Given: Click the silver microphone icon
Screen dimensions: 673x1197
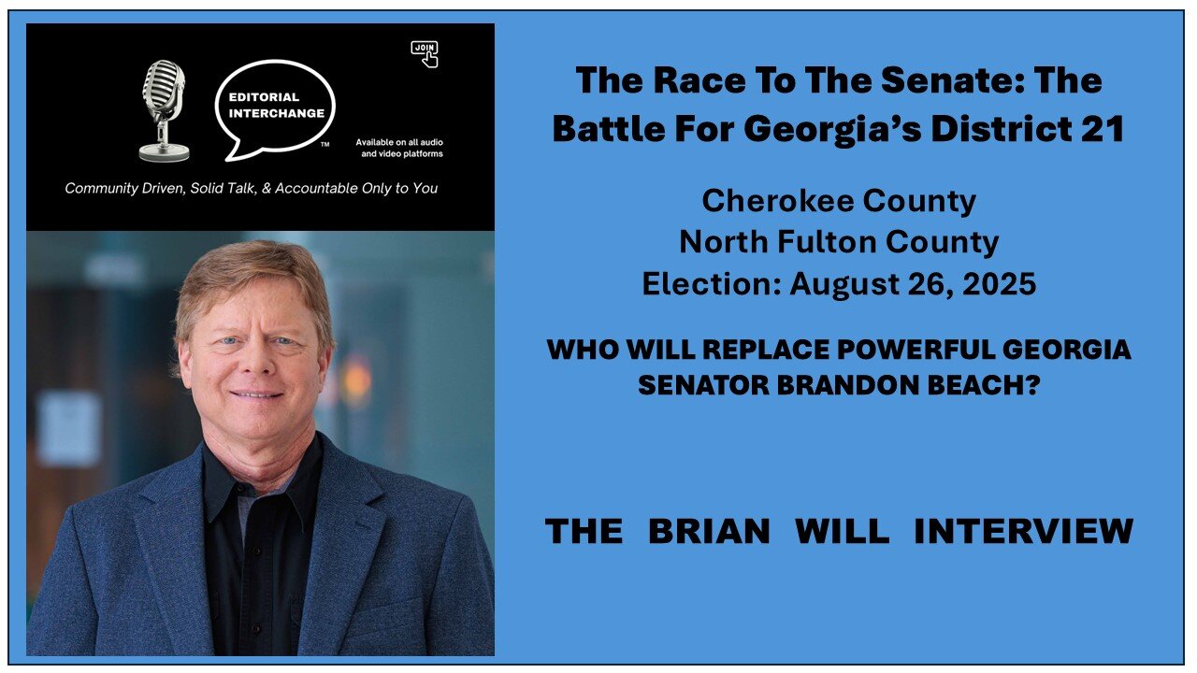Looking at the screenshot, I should pos(164,108).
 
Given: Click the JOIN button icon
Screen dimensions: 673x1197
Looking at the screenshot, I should pos(425,52).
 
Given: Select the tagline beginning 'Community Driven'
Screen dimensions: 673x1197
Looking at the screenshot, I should pos(251,188).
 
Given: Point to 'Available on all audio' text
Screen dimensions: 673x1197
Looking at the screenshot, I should pos(399,142).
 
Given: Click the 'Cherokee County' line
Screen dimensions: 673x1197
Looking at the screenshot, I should pos(839,200).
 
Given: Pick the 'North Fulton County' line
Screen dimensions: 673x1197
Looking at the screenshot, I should pos(839,242).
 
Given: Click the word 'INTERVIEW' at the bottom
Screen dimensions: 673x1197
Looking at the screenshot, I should pos(1023,531).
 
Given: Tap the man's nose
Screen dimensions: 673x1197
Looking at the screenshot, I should pos(260,363).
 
